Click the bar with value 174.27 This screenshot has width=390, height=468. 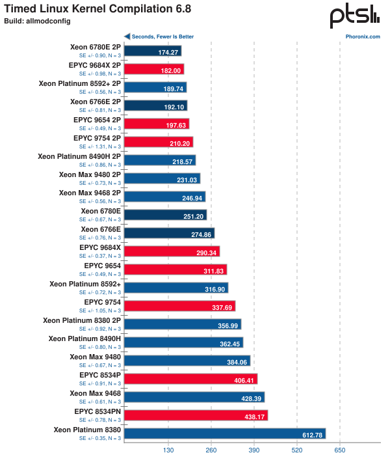[x=153, y=51]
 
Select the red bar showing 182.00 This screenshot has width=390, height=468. [x=154, y=69]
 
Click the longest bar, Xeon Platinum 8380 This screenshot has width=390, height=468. [x=224, y=434]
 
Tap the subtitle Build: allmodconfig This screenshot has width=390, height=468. [x=31, y=21]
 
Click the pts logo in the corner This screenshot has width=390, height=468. [x=354, y=17]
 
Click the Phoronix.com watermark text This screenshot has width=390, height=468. [x=363, y=36]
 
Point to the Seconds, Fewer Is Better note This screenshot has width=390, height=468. [x=162, y=36]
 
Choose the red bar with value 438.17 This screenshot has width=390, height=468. [x=196, y=415]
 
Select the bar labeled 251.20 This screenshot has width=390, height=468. [x=165, y=215]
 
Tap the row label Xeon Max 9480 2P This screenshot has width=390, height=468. [x=90, y=174]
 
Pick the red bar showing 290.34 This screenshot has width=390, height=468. [x=172, y=251]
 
